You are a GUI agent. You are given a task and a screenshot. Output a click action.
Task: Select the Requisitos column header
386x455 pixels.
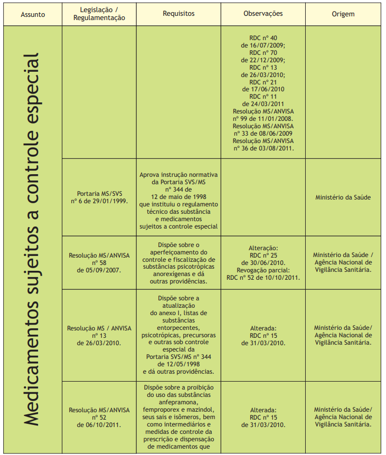pyautogui.click(x=178, y=14)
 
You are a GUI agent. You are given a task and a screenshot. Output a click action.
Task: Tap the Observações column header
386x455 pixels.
pyautogui.click(x=263, y=14)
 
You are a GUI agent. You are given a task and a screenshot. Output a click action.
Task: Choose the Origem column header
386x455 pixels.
pyautogui.click(x=343, y=14)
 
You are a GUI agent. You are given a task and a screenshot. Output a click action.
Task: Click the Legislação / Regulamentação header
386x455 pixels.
pyautogui.click(x=99, y=14)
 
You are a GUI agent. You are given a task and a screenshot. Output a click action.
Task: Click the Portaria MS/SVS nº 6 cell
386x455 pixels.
pyautogui.click(x=99, y=197)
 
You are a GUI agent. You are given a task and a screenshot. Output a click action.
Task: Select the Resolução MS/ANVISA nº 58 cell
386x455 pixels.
pyautogui.click(x=99, y=262)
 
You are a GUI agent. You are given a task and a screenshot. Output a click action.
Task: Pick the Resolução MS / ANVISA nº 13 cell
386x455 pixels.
pyautogui.click(x=99, y=335)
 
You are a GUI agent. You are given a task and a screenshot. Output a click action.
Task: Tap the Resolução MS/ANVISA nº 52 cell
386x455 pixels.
pyautogui.click(x=99, y=417)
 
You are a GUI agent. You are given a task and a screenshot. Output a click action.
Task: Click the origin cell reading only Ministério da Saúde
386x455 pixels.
pyautogui.click(x=343, y=197)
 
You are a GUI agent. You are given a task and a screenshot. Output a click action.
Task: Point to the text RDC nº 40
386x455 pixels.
pyautogui.click(x=263, y=38)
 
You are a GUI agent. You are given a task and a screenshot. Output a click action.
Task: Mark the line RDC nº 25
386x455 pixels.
pyautogui.click(x=263, y=255)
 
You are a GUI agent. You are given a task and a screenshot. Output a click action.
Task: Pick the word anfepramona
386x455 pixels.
pyautogui.click(x=178, y=402)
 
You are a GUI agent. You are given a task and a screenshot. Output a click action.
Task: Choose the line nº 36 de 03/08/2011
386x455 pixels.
pyautogui.click(x=263, y=148)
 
